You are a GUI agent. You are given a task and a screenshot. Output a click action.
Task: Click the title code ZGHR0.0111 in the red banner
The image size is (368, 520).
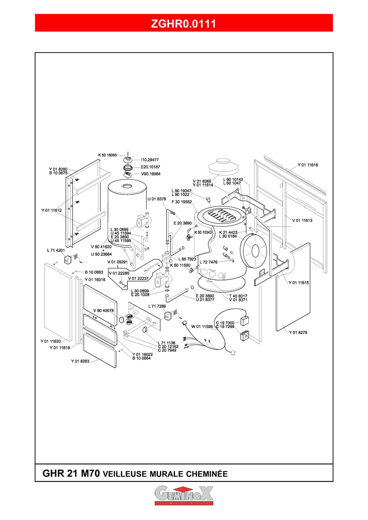(x=184, y=24)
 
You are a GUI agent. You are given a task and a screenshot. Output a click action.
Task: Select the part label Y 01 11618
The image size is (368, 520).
(x=308, y=165)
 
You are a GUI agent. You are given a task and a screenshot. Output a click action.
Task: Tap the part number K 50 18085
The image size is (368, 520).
(x=108, y=155)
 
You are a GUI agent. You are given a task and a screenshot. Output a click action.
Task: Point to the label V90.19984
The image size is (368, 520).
(x=151, y=174)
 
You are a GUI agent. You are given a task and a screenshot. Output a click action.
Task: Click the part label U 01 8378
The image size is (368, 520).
(x=157, y=199)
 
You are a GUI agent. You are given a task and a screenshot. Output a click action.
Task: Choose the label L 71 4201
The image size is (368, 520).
(x=56, y=251)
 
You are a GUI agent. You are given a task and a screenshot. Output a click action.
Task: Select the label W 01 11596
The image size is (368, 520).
(x=202, y=326)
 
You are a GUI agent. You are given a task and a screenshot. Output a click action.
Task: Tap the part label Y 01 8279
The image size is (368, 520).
(x=298, y=332)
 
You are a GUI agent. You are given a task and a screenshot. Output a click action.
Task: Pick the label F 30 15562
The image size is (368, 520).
(x=182, y=202)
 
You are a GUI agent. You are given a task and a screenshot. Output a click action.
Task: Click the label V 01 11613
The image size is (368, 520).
(x=302, y=220)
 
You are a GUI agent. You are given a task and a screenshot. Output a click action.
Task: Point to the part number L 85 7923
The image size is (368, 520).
(x=187, y=259)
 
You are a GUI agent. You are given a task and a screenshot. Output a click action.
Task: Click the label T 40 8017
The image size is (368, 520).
(x=238, y=296)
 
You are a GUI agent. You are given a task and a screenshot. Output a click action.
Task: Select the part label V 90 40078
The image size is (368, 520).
(x=103, y=311)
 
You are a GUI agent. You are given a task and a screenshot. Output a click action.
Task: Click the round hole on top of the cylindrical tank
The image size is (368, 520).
(x=128, y=186)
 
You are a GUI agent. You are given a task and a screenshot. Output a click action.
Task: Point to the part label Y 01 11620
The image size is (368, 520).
(x=51, y=341)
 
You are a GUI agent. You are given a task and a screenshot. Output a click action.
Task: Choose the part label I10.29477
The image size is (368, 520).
(x=150, y=160)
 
